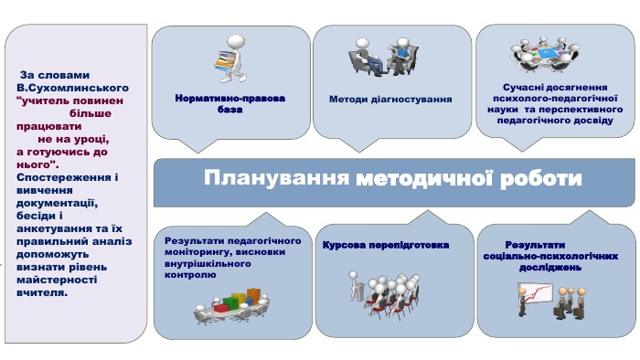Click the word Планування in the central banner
click(x=276, y=178)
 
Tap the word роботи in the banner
click(x=541, y=179)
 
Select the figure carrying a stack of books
click(x=229, y=58)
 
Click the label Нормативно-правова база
click(x=229, y=103)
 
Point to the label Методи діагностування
click(x=390, y=99)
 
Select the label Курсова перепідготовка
click(x=386, y=245)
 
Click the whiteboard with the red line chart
click(x=535, y=295)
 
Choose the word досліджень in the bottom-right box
click(x=550, y=268)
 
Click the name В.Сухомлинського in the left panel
click(x=72, y=88)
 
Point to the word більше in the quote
click(x=91, y=113)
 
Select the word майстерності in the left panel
click(x=57, y=281)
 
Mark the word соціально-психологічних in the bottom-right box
click(x=550, y=256)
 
